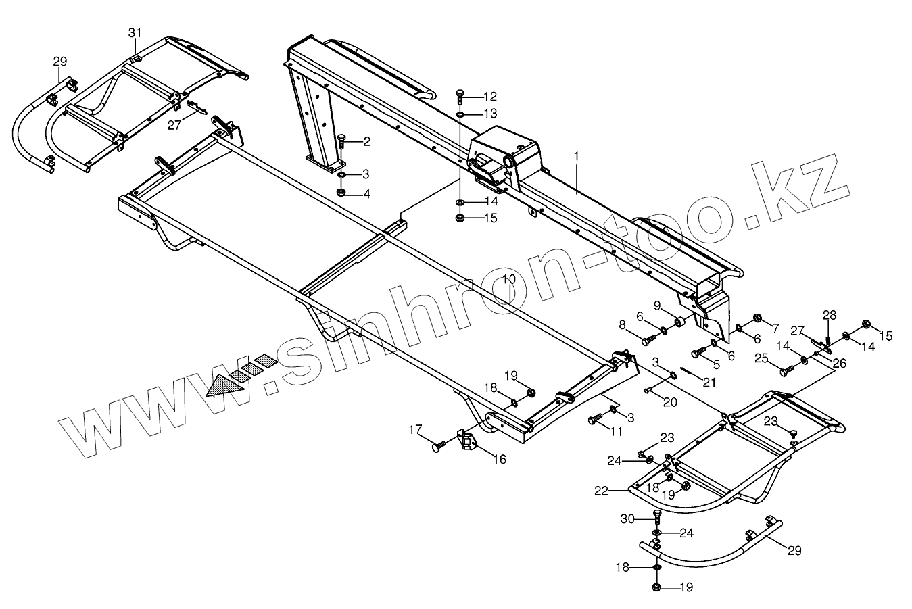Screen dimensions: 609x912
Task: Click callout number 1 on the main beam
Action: (576, 156)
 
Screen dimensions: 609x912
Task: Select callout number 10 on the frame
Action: (509, 278)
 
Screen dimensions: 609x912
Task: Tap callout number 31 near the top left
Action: (135, 32)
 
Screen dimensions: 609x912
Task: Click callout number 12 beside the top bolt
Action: (489, 97)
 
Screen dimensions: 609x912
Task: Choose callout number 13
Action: (489, 113)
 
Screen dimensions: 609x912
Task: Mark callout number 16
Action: (499, 460)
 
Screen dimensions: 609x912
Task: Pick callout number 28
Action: (829, 315)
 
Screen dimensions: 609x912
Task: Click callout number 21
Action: (709, 382)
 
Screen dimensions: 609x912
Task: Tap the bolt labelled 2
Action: (341, 142)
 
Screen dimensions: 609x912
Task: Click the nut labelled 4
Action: (341, 193)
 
